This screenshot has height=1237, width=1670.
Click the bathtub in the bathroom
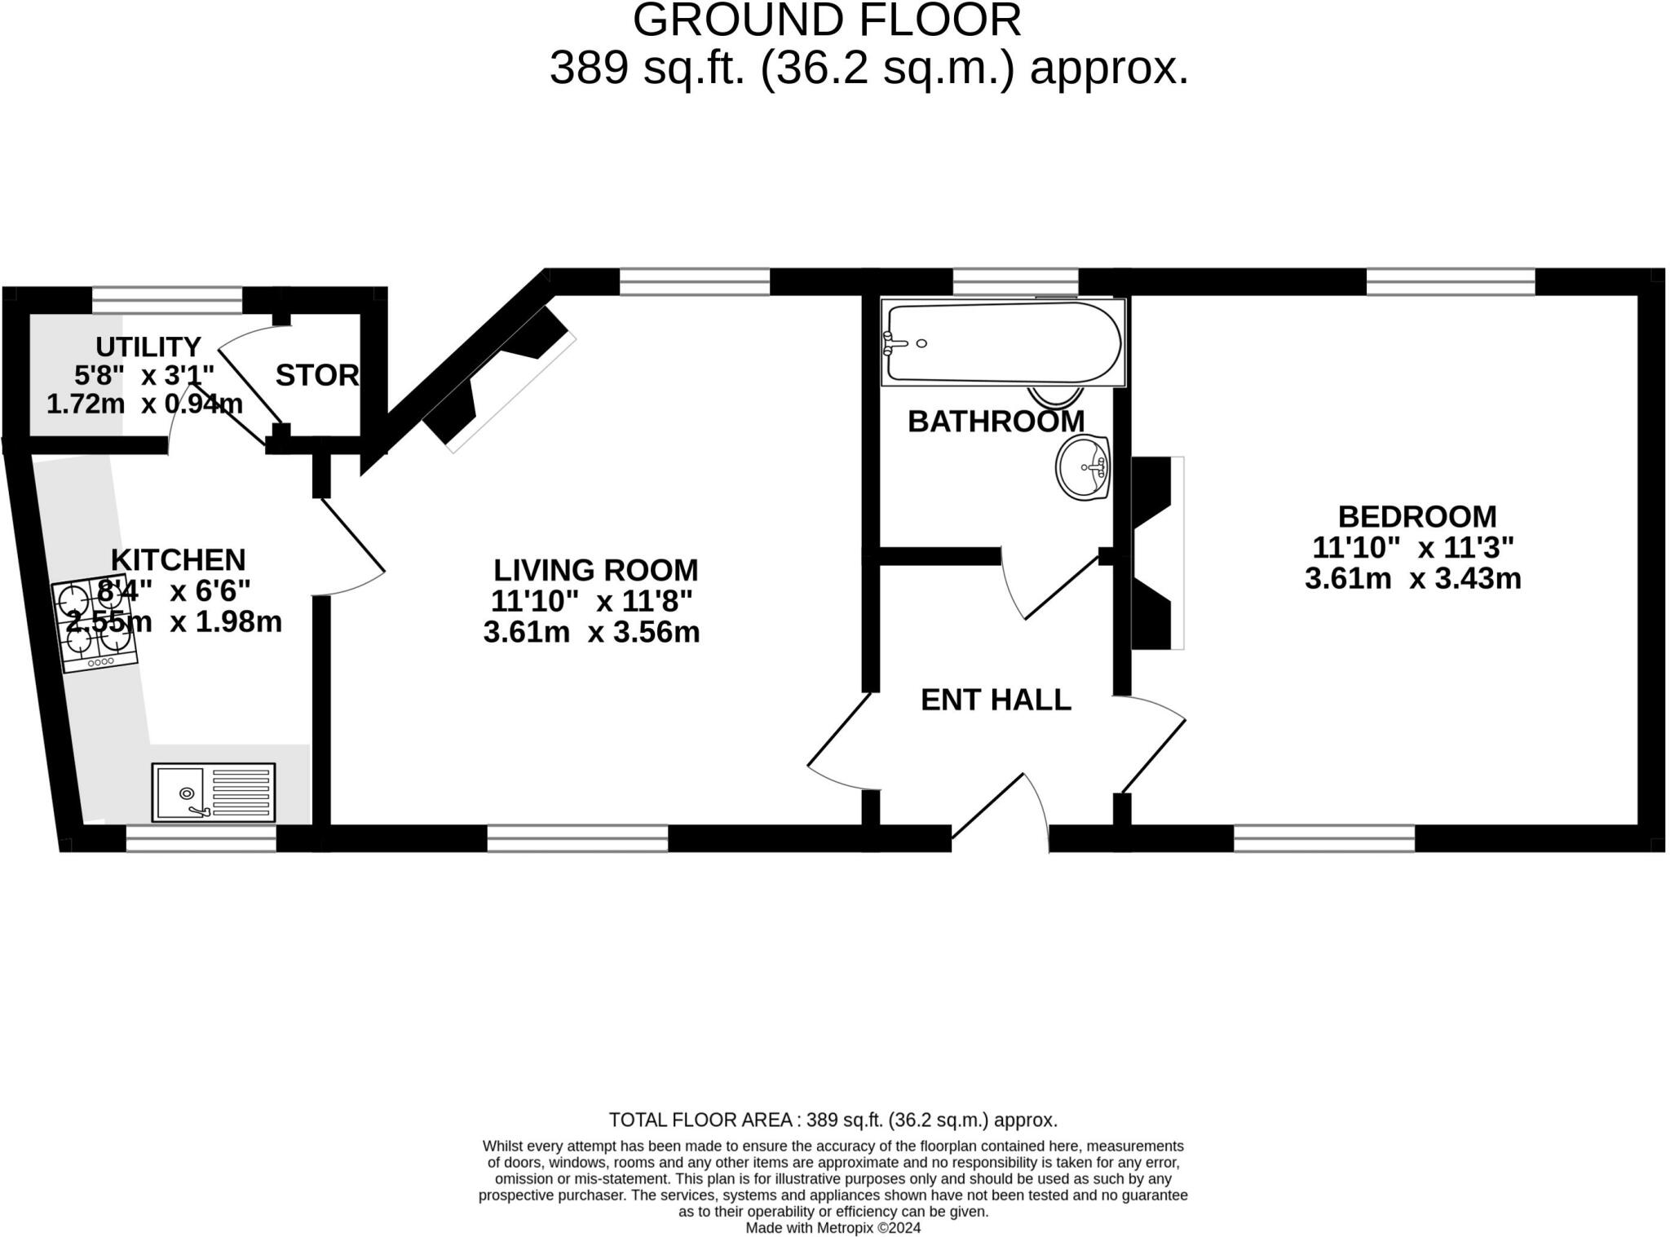tap(1003, 342)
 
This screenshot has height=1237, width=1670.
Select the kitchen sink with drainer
tap(214, 792)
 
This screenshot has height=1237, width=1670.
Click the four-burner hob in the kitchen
tap(95, 625)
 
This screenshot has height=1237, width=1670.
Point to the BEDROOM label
tap(1417, 516)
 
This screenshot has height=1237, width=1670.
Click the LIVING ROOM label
tap(596, 569)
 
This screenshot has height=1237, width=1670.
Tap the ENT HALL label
tap(996, 700)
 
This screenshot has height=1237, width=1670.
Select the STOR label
tap(317, 375)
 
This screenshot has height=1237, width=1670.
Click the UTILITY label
tap(148, 347)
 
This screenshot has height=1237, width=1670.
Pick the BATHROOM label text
tap(996, 422)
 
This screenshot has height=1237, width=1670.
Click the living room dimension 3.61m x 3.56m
tap(592, 632)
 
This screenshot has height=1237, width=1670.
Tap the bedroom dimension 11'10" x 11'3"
tap(1413, 546)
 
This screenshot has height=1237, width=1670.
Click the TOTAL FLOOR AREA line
tap(833, 1120)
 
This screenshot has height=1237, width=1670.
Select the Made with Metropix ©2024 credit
tap(833, 1228)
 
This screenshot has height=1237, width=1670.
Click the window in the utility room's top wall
tap(167, 300)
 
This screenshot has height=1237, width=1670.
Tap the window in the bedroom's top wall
tap(1451, 281)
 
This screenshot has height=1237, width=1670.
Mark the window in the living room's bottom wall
tap(577, 838)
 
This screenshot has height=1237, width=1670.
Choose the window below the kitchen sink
tap(201, 838)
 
